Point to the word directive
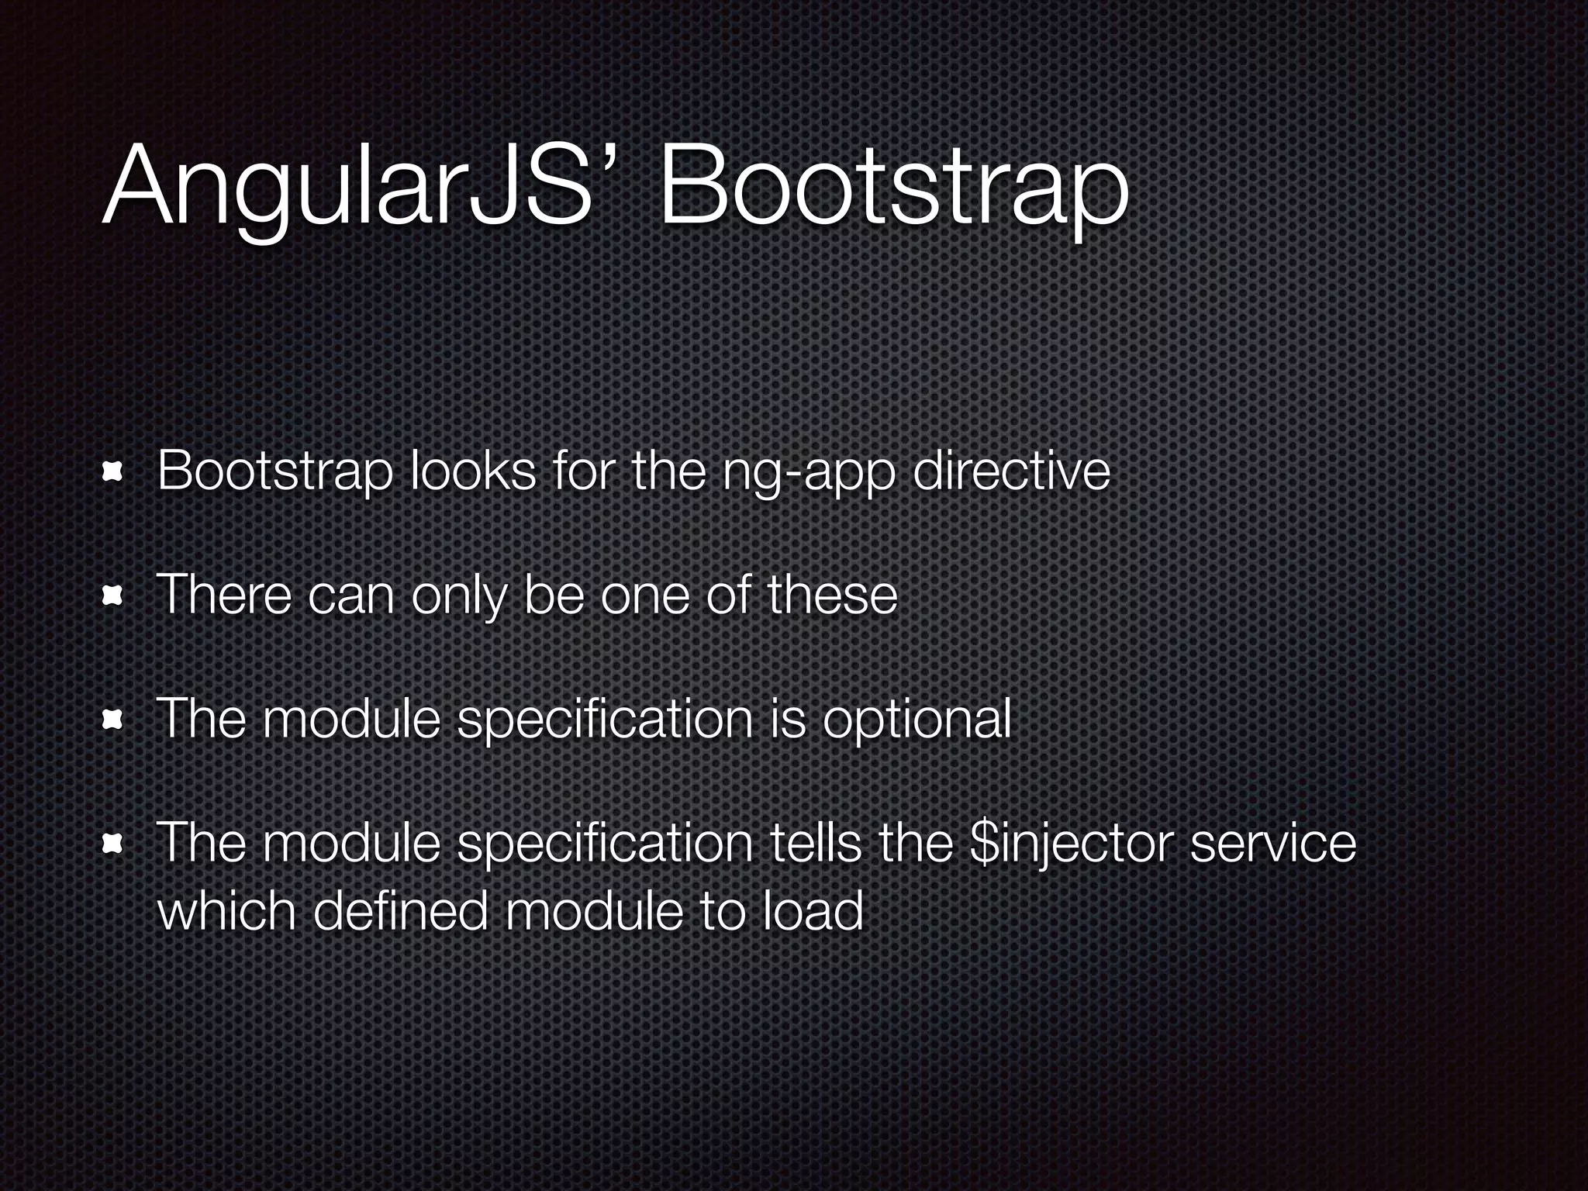[x=1011, y=470]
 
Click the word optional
[x=917, y=720]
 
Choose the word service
[x=1272, y=844]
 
